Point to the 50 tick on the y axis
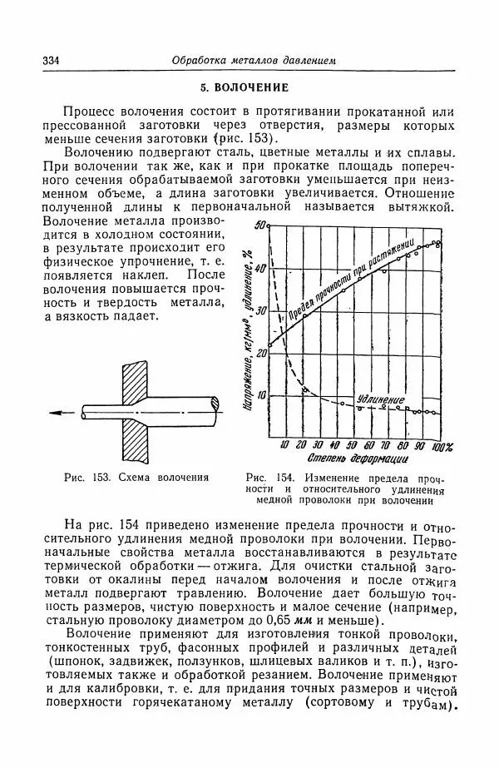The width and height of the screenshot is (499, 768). pos(259,225)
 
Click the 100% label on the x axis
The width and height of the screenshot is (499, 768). pos(442,445)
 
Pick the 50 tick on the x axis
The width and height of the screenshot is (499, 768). pos(352,445)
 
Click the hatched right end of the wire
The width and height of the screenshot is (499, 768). pos(219,404)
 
